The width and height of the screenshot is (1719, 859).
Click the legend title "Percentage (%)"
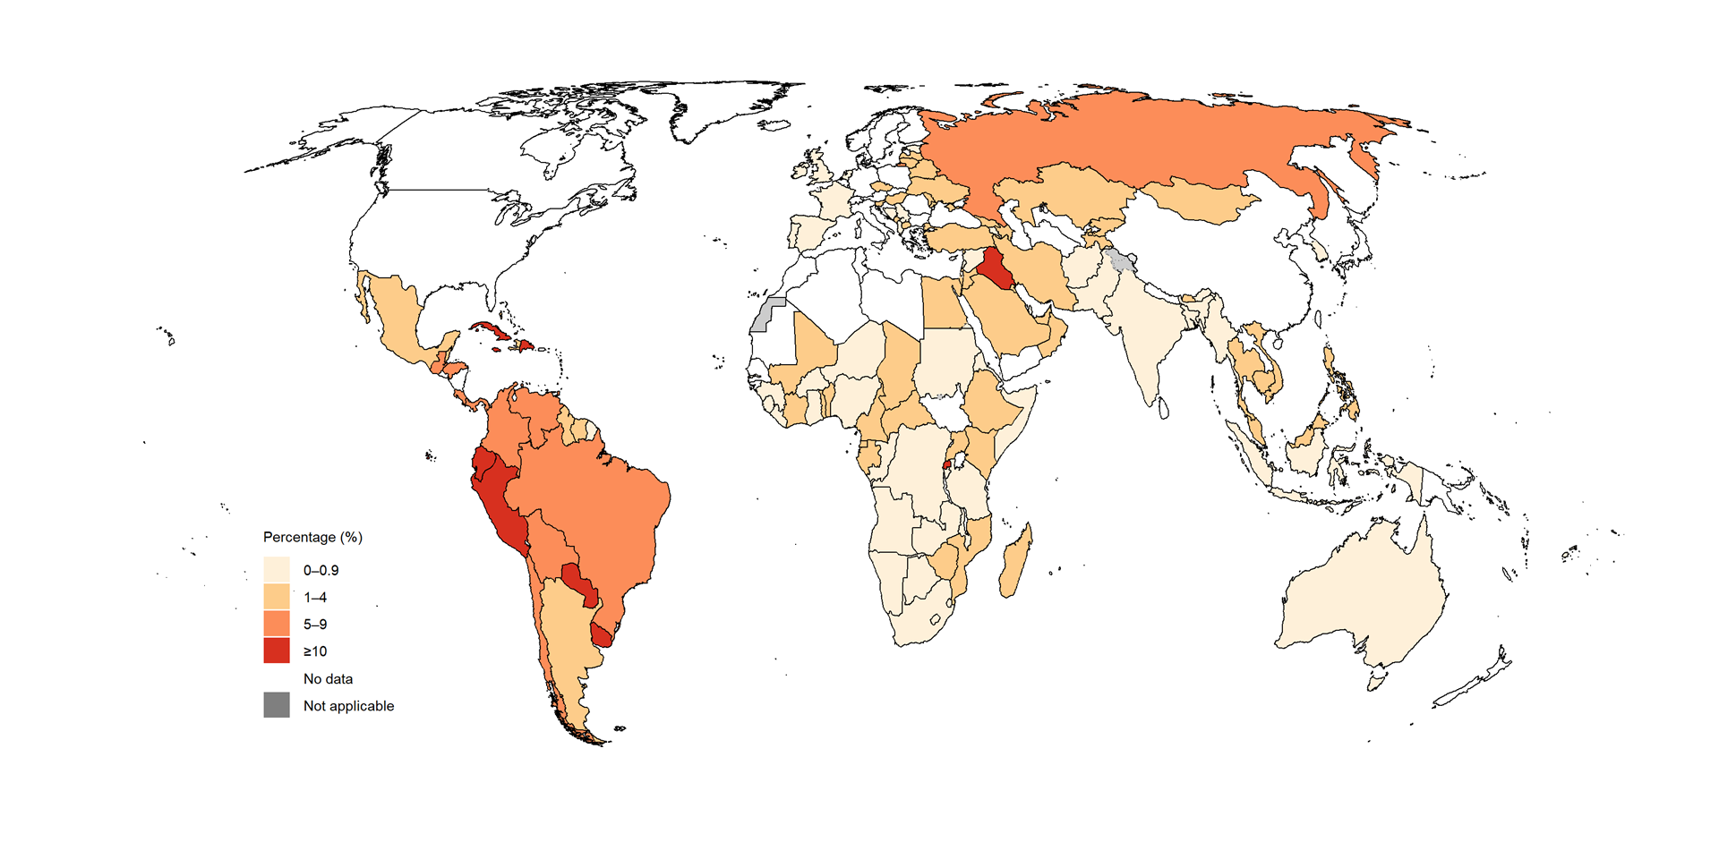pyautogui.click(x=312, y=537)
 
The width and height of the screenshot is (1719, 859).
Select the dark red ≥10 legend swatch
pyautogui.click(x=277, y=651)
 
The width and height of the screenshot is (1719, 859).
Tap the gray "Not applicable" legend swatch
pyautogui.click(x=277, y=705)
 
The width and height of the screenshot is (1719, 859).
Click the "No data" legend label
pyautogui.click(x=328, y=678)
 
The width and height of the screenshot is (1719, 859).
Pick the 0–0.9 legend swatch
pyautogui.click(x=277, y=570)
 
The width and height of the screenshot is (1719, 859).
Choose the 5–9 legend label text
pyautogui.click(x=315, y=625)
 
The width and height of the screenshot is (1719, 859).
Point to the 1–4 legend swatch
pyautogui.click(x=277, y=597)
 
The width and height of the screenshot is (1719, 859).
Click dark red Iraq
pyautogui.click(x=994, y=268)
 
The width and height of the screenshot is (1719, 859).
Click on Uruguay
pyautogui.click(x=602, y=634)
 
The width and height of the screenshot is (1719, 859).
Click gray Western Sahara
pyautogui.click(x=763, y=316)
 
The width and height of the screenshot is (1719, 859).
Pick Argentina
pyautogui.click(x=569, y=644)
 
